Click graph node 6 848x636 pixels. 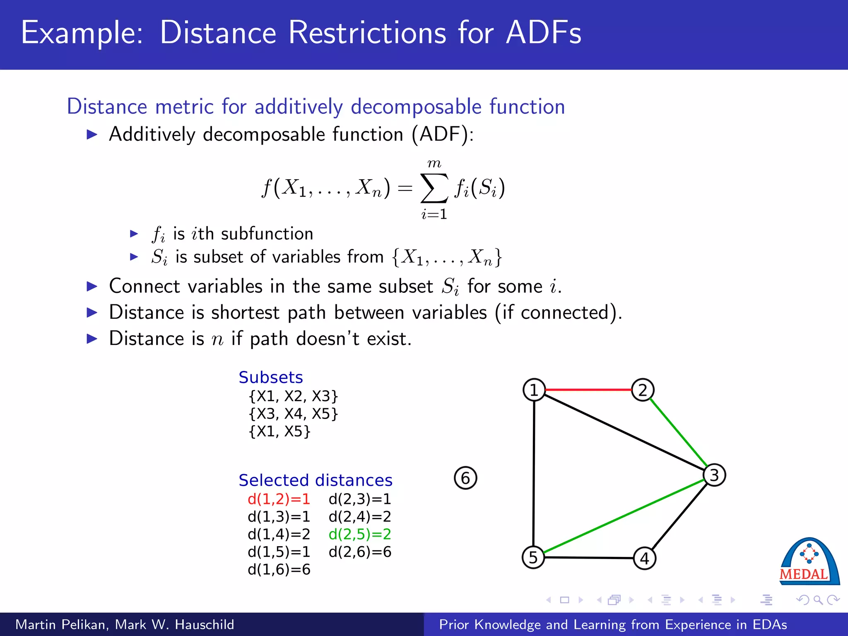465,478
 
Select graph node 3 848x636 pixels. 714,475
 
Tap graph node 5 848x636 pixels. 533,557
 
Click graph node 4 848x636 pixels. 645,559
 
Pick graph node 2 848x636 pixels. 643,390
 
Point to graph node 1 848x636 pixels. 534,390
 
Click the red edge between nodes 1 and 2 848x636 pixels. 588,390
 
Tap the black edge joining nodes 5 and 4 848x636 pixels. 589,558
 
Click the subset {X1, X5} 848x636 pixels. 279,431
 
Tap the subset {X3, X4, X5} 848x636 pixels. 293,414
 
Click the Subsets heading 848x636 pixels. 271,377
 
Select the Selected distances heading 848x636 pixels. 316,480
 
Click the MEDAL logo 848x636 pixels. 809,562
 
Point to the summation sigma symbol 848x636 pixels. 434,188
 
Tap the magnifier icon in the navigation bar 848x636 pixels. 818,600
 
